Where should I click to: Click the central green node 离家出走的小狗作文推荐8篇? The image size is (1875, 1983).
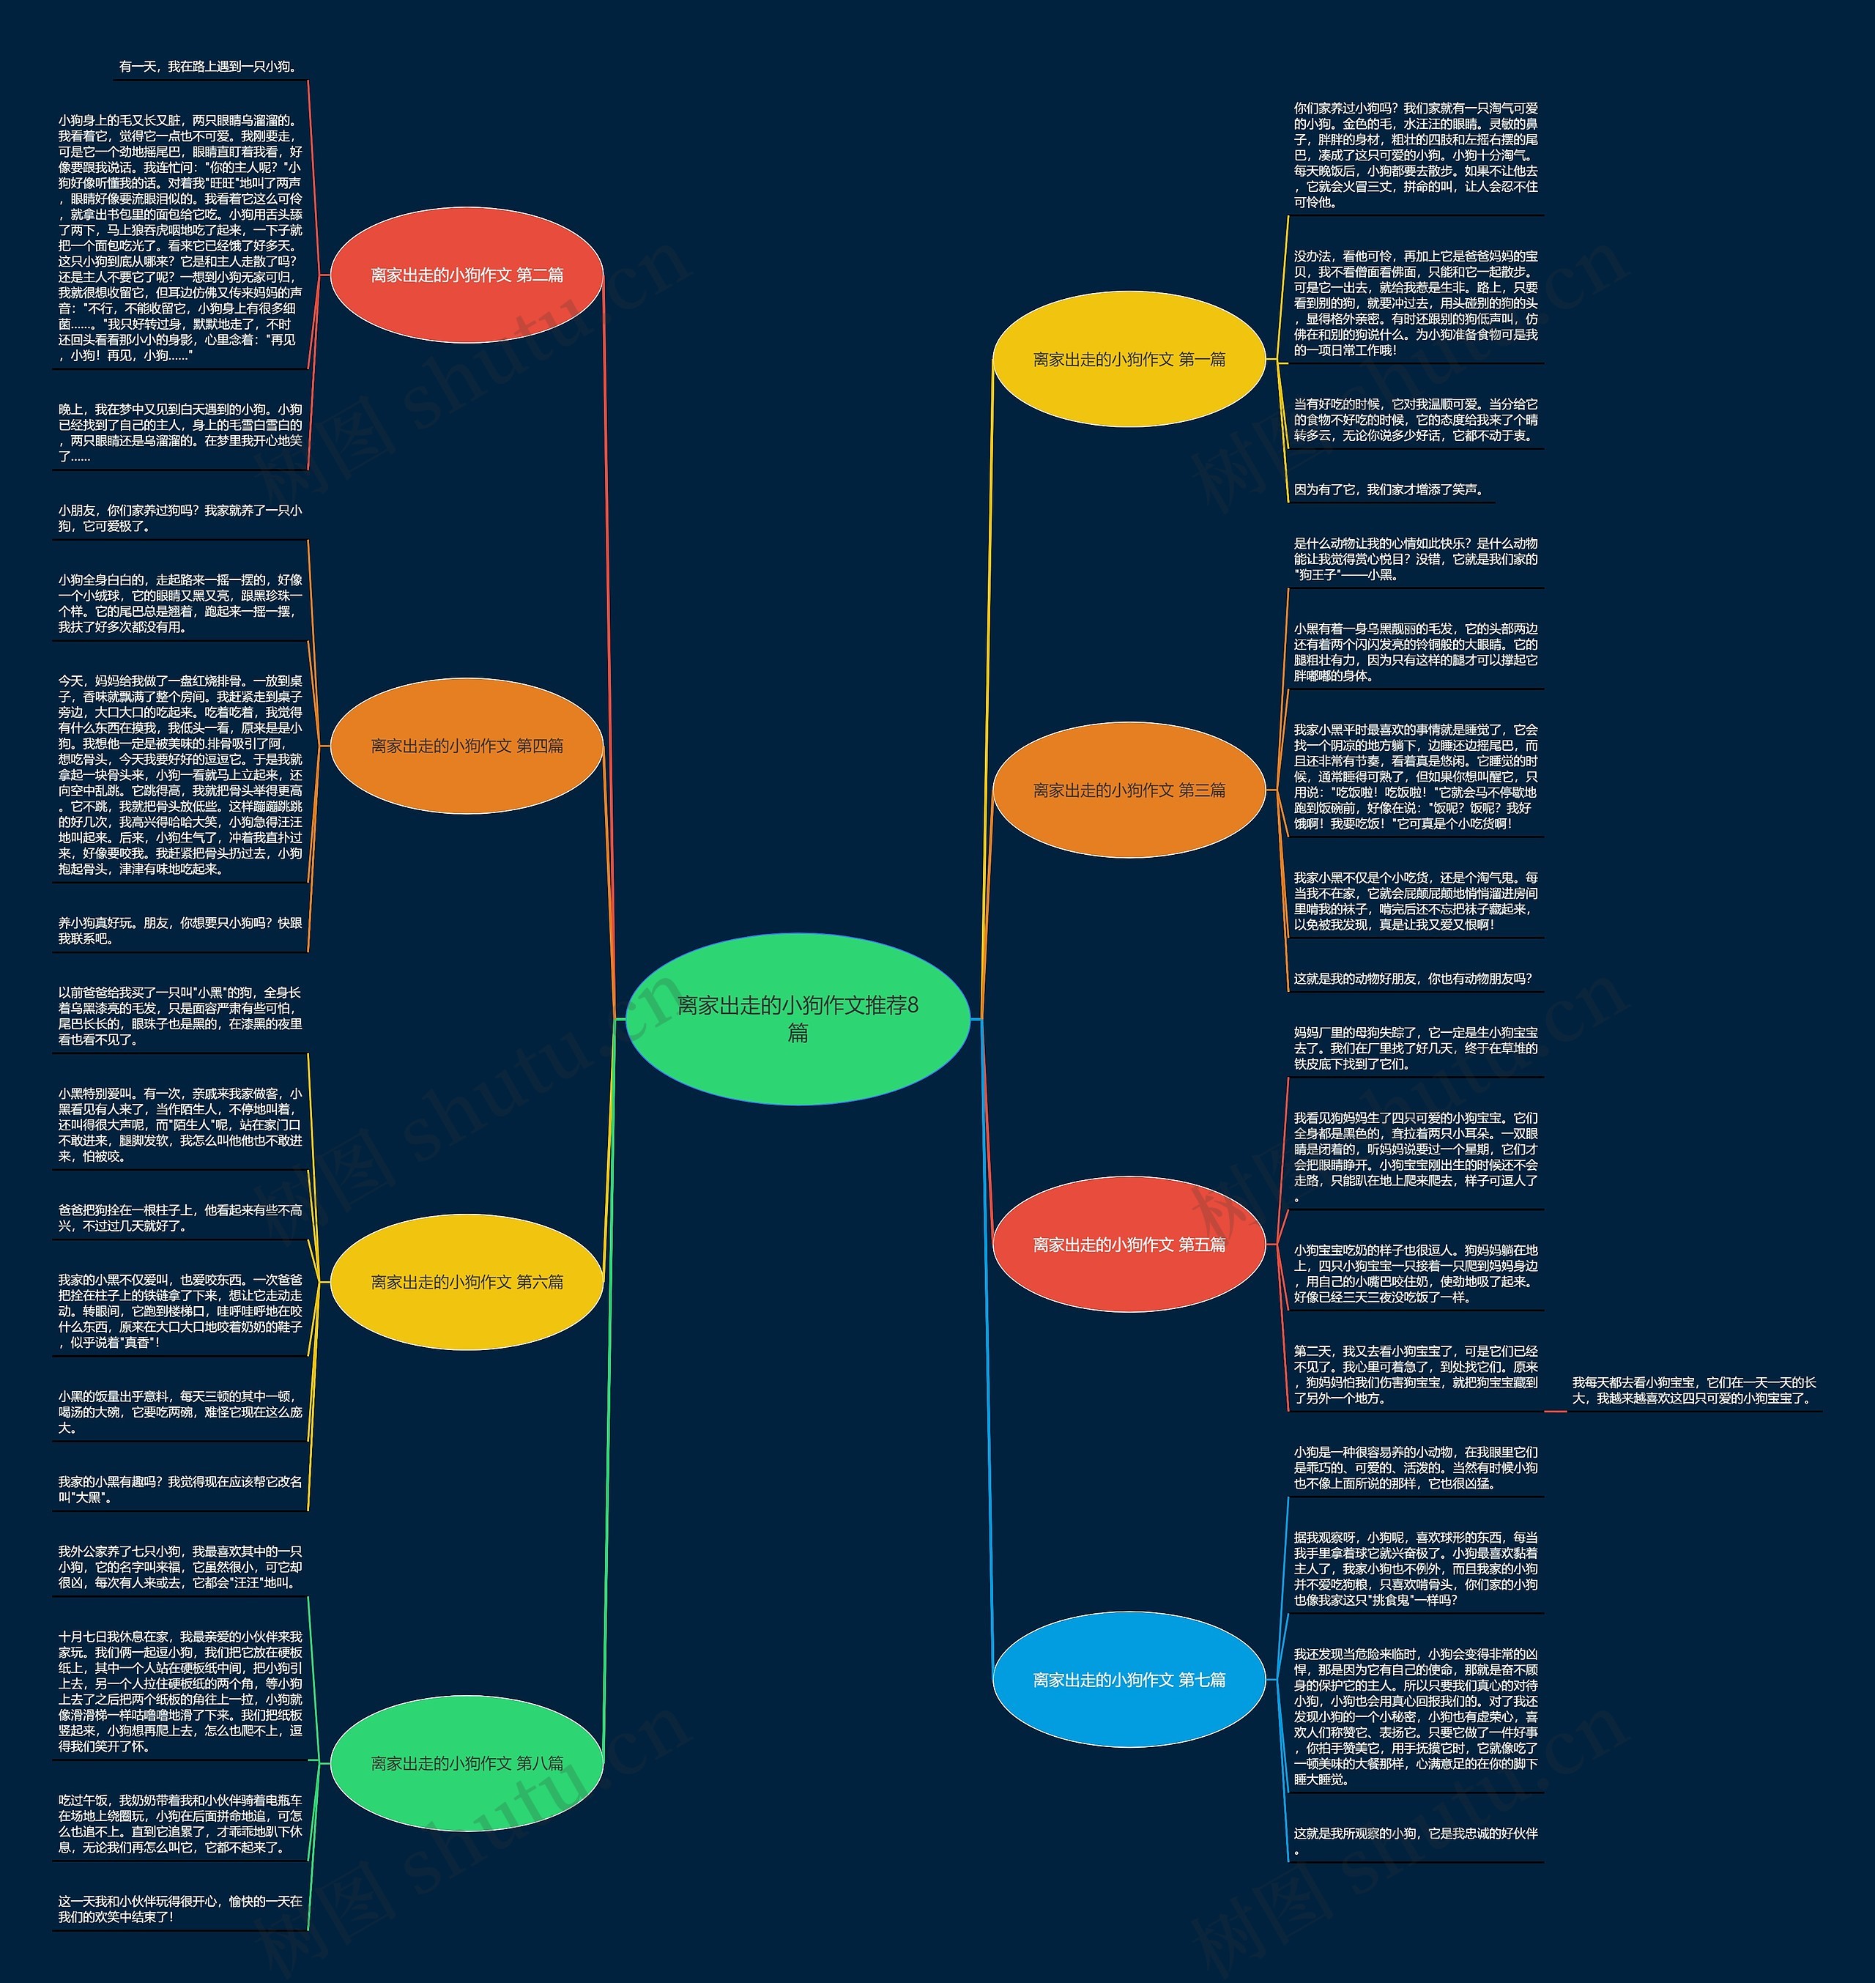[x=797, y=1018]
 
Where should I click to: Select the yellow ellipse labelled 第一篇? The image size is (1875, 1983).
[x=1129, y=360]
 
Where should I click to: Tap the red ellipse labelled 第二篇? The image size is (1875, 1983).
[x=467, y=275]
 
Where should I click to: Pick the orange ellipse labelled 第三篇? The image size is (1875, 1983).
[x=1129, y=790]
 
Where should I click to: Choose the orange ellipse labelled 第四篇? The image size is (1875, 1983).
[x=467, y=746]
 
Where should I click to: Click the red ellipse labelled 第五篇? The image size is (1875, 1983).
[x=1129, y=1245]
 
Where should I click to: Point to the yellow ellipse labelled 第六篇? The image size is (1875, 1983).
[x=467, y=1281]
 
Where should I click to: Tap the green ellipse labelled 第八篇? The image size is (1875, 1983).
[x=467, y=1763]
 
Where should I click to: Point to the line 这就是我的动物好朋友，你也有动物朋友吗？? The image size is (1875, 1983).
[x=1412, y=979]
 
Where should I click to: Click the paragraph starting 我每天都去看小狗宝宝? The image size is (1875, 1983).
[x=1693, y=1390]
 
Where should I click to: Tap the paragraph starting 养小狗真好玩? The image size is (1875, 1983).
[x=180, y=930]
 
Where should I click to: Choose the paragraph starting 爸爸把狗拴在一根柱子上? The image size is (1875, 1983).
[x=180, y=1217]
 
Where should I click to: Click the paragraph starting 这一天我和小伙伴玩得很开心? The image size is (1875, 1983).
[x=180, y=1909]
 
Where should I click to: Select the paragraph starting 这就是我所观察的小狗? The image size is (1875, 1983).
[x=1415, y=1841]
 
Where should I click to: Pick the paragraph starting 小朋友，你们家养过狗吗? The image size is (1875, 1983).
[x=180, y=518]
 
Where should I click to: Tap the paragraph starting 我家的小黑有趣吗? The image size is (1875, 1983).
[x=180, y=1489]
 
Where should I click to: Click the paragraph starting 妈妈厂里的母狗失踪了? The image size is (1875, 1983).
[x=1415, y=1048]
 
